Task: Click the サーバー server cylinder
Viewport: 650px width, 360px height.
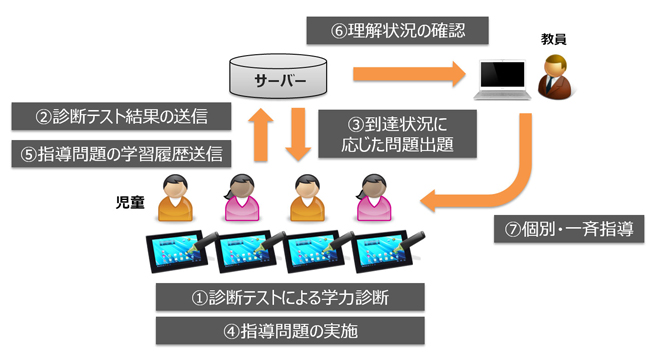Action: (x=279, y=75)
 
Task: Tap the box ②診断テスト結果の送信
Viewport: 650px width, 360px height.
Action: (x=122, y=116)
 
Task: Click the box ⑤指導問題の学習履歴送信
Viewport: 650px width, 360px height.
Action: (x=122, y=153)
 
